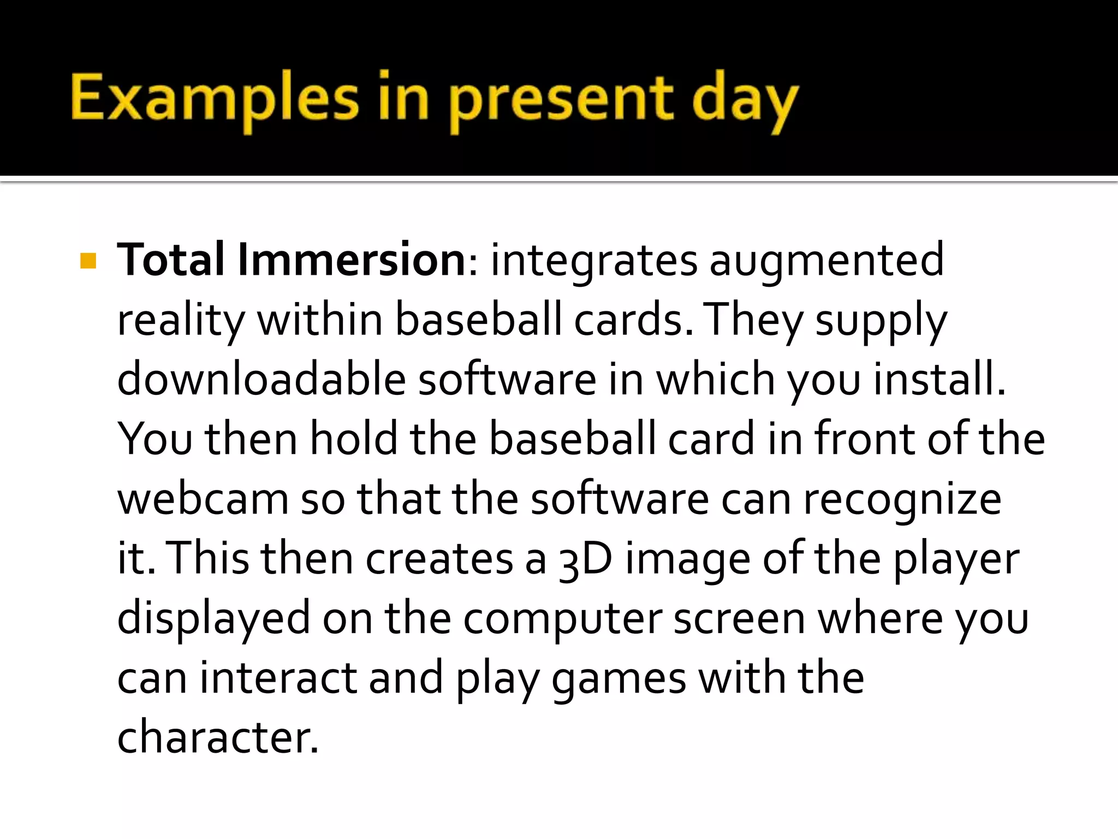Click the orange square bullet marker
click(x=88, y=261)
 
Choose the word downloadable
click(x=261, y=379)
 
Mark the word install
click(x=938, y=379)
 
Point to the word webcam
click(x=203, y=499)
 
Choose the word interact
click(x=278, y=678)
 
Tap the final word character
click(x=217, y=737)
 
